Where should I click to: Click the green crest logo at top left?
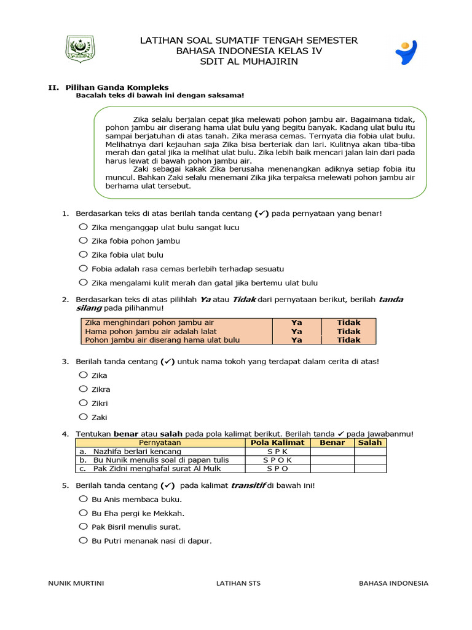[79, 49]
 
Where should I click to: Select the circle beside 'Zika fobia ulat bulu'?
[82, 254]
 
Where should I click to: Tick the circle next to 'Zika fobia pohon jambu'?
[82, 241]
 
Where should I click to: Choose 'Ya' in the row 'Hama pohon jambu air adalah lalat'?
[297, 331]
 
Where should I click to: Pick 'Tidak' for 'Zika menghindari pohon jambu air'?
[348, 322]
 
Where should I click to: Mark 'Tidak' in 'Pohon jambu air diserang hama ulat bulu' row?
[348, 340]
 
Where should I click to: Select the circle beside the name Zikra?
[82, 389]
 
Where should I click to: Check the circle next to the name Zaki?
[82, 417]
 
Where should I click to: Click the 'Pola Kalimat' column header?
[278, 442]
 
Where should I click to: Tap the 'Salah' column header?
[370, 442]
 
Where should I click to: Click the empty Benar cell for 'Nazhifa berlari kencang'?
[332, 451]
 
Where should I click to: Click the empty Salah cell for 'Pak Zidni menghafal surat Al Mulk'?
[370, 468]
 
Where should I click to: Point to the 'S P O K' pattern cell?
[278, 460]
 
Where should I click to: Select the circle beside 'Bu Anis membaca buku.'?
[82, 499]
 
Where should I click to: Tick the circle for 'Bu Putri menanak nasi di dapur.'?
[82, 540]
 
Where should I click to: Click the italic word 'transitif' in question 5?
[249, 485]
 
